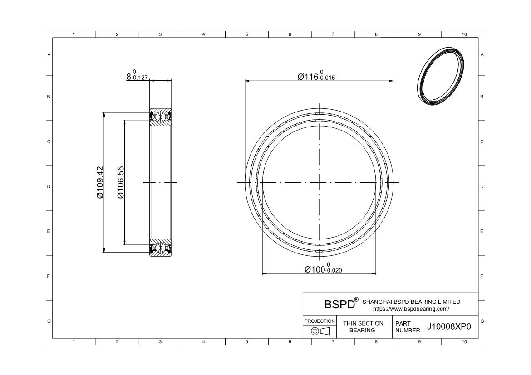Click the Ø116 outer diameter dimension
pyautogui.click(x=316, y=75)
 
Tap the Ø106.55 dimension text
pyautogui.click(x=121, y=182)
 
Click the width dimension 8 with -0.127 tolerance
pyautogui.click(x=137, y=75)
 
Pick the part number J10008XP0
pyautogui.click(x=449, y=326)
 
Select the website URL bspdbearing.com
pyautogui.click(x=411, y=309)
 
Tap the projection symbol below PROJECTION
pyautogui.click(x=320, y=331)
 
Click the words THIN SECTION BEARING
pyautogui.click(x=363, y=326)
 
